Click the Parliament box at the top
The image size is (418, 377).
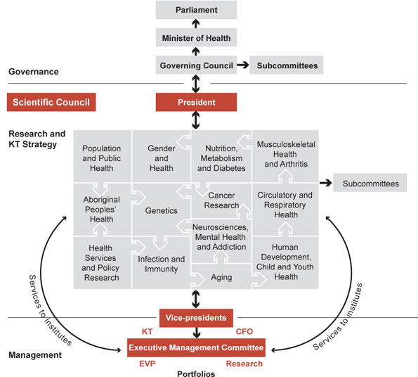pyautogui.click(x=197, y=10)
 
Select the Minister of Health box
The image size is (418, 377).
pyautogui.click(x=197, y=38)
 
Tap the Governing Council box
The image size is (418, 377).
pyautogui.click(x=197, y=66)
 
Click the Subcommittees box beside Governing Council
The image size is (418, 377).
pyautogui.click(x=287, y=66)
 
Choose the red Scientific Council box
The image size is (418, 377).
pyautogui.click(x=51, y=103)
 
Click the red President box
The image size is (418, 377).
pyautogui.click(x=197, y=103)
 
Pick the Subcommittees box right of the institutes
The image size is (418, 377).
pyautogui.click(x=370, y=184)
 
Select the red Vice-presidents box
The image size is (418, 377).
pyautogui.click(x=196, y=318)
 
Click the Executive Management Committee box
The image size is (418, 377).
pyautogui.click(x=196, y=347)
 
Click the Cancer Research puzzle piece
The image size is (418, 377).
pyautogui.click(x=223, y=200)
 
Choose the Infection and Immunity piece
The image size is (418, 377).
pyautogui.click(x=161, y=264)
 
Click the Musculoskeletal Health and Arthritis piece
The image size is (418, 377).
pyautogui.click(x=285, y=154)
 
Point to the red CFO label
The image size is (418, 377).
pyautogui.click(x=244, y=331)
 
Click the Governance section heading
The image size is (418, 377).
pyautogui.click(x=32, y=72)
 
